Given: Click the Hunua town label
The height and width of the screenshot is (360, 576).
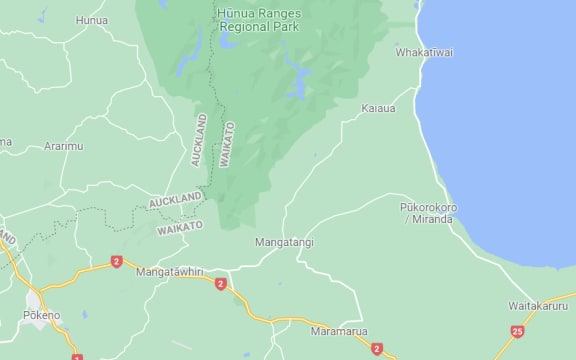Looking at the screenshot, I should (x=91, y=19).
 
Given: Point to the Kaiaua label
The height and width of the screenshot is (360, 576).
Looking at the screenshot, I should (x=379, y=107).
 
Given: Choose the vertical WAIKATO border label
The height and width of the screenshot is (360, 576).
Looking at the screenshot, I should (x=227, y=144).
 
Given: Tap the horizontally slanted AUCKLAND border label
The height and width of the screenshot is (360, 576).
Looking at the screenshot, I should (x=175, y=201).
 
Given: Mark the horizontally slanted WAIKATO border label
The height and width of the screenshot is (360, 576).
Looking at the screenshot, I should (x=180, y=227).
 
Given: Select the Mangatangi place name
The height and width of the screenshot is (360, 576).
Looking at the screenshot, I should (x=284, y=242).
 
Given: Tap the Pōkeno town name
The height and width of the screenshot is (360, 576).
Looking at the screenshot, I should (x=42, y=315).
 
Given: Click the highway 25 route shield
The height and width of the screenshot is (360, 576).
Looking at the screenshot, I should (x=517, y=331).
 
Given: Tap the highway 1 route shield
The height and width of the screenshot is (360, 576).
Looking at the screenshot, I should (x=77, y=356).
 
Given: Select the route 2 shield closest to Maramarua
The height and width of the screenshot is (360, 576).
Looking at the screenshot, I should (x=376, y=348).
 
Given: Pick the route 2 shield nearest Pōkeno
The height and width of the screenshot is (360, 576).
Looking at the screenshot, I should (x=116, y=261).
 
